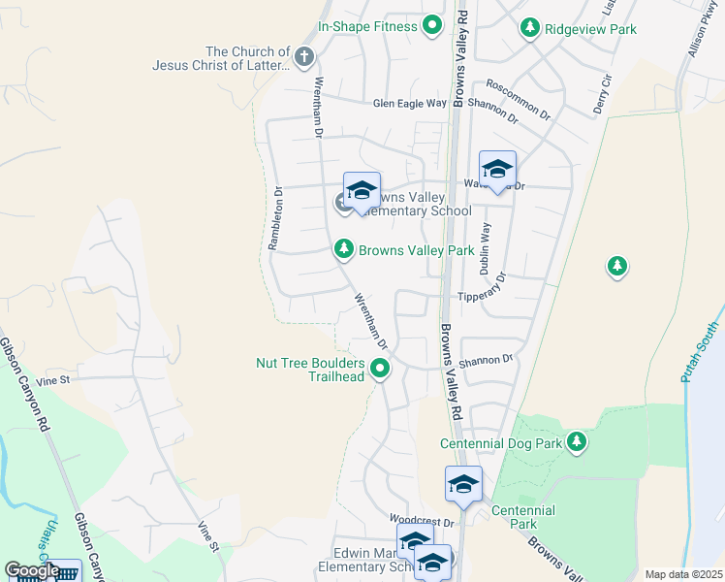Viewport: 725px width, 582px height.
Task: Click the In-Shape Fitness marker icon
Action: (x=432, y=27)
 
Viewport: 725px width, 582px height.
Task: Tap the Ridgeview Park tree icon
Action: (x=529, y=29)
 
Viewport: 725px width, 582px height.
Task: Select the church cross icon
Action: (x=303, y=57)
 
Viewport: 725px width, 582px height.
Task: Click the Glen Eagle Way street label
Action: (x=410, y=103)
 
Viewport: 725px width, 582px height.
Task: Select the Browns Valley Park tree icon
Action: (x=343, y=250)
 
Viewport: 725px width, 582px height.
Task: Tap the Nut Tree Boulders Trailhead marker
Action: (x=380, y=369)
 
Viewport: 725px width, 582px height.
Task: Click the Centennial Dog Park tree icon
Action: (x=577, y=443)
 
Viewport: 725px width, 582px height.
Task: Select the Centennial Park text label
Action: (x=522, y=517)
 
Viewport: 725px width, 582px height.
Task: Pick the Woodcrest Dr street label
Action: (x=422, y=522)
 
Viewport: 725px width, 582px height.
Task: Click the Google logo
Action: (x=32, y=570)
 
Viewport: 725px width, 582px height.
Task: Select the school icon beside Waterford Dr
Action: (x=497, y=170)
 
